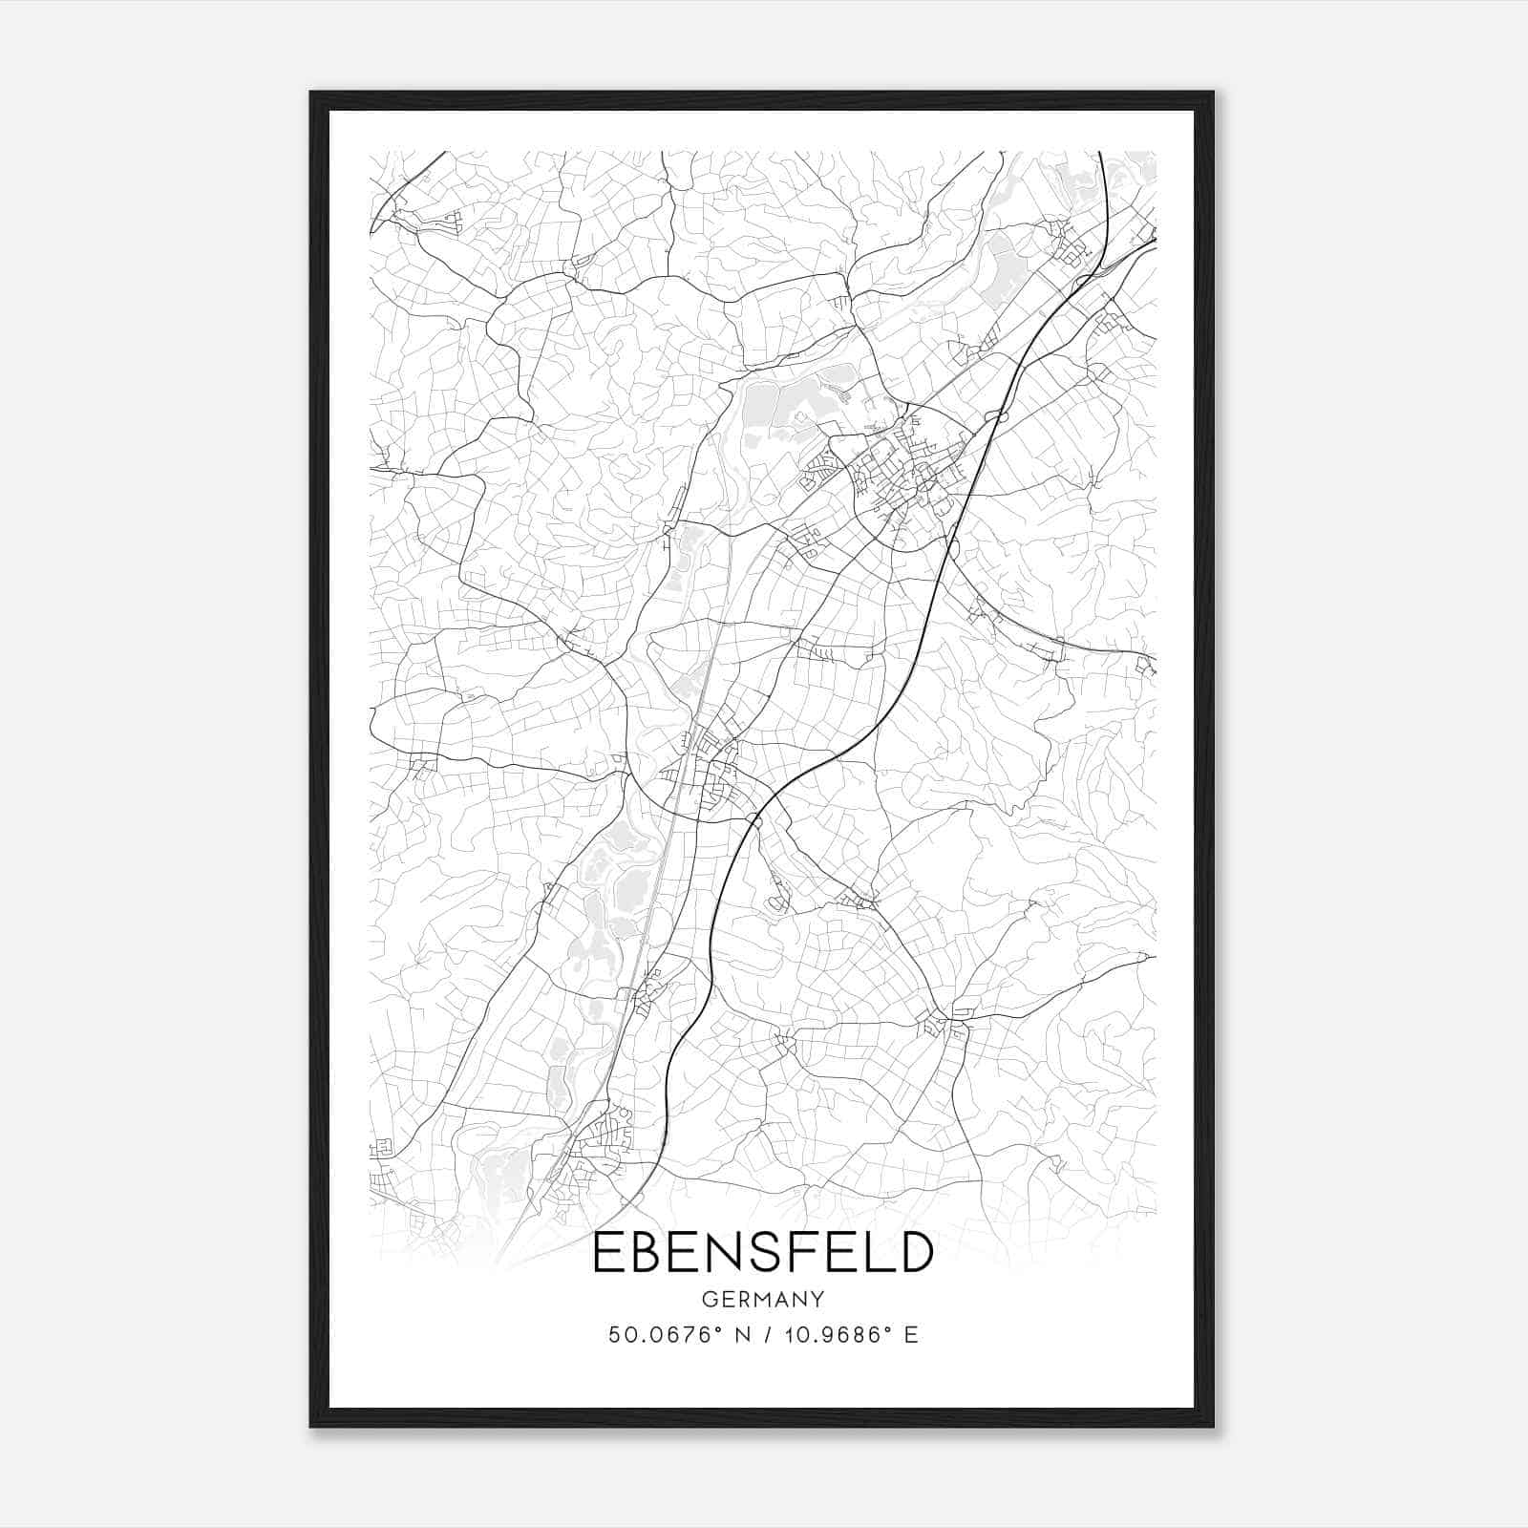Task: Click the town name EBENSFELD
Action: pos(762,1252)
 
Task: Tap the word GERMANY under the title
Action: pos(763,1300)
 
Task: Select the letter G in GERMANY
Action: pos(710,1300)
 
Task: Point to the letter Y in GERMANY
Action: pos(817,1300)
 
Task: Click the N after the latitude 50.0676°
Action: pos(738,1335)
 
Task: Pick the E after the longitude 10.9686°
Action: pos(911,1335)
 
